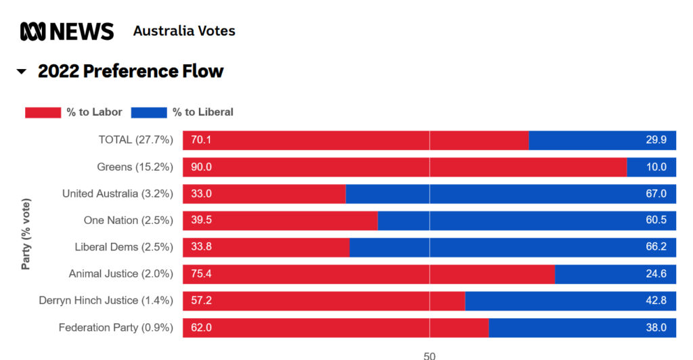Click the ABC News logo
[x=67, y=31]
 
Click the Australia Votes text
[x=184, y=31]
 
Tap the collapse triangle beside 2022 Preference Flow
[x=22, y=71]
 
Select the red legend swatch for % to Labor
[x=43, y=112]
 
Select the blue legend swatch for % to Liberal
[x=148, y=112]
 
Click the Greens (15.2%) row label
[x=135, y=167]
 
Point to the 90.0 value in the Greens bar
[x=201, y=167]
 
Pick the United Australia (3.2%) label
[x=118, y=194]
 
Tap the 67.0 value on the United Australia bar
[x=656, y=194]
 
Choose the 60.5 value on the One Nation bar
[x=656, y=221]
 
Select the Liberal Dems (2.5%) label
[x=124, y=247]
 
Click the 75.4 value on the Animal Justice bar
[x=201, y=274]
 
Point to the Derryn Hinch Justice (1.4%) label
[x=106, y=300]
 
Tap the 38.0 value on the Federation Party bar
[x=656, y=328]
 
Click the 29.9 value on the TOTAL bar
[x=656, y=140]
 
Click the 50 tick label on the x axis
[x=429, y=355]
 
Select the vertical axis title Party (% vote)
[x=26, y=233]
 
